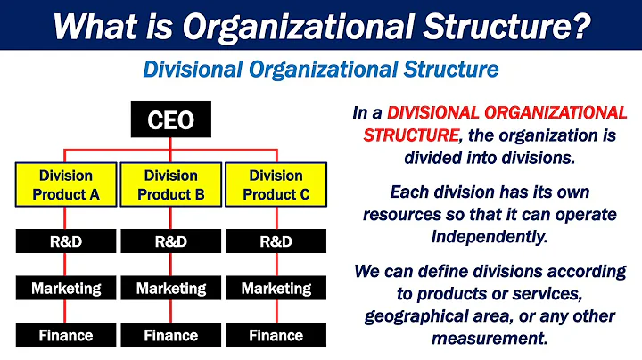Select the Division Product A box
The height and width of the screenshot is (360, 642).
click(66, 184)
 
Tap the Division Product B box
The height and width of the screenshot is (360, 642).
click(171, 184)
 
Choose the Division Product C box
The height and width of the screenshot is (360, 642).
click(276, 184)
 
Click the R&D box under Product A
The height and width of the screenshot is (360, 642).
click(66, 241)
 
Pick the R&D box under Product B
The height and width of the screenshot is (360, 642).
click(171, 241)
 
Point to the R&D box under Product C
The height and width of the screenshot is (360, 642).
click(276, 241)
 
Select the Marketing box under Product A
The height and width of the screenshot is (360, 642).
click(66, 289)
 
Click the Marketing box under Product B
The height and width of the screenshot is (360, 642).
click(171, 289)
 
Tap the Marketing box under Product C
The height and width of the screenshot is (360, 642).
click(276, 289)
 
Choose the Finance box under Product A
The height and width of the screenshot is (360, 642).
click(66, 336)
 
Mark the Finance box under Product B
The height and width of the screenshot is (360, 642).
click(171, 336)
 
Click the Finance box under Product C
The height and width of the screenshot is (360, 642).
click(276, 336)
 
